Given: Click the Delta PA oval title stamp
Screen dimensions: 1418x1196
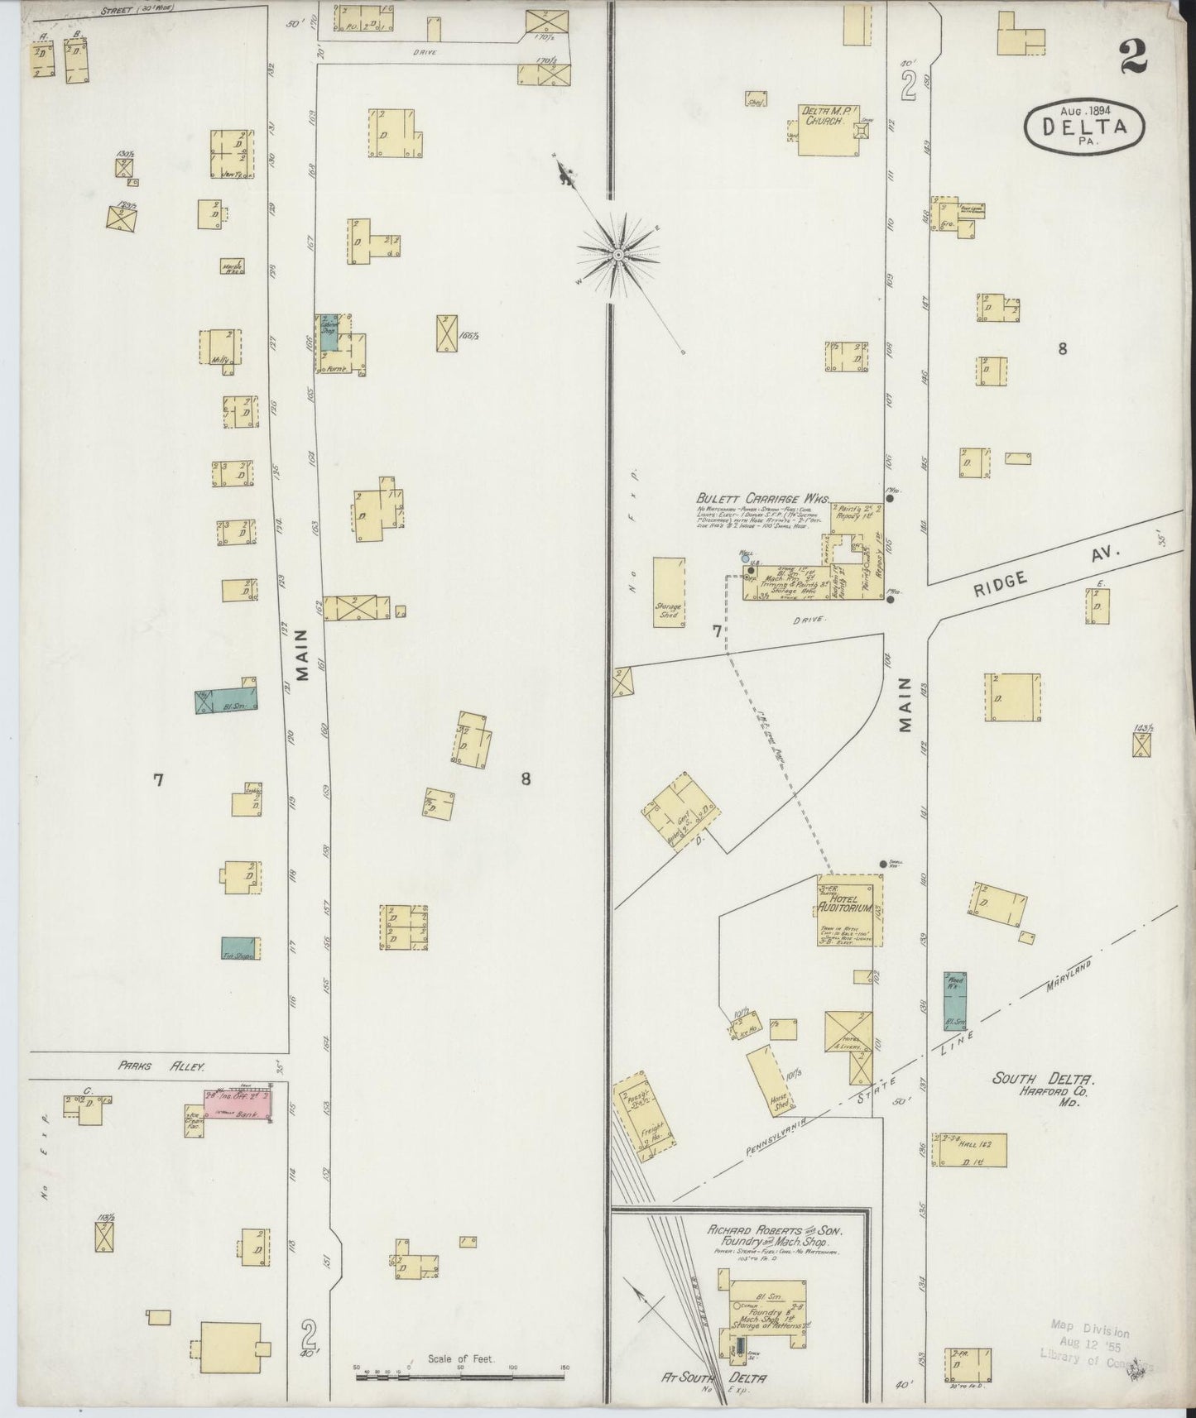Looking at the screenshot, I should click(1085, 126).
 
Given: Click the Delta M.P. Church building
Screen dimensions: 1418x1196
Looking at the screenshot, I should click(829, 129).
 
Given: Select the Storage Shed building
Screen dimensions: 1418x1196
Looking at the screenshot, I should click(669, 592).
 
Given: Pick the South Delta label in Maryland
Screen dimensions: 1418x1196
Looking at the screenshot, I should click(1045, 1079).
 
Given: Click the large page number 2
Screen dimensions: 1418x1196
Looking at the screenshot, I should click(1132, 58).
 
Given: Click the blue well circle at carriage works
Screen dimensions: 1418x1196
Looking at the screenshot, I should click(746, 558).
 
